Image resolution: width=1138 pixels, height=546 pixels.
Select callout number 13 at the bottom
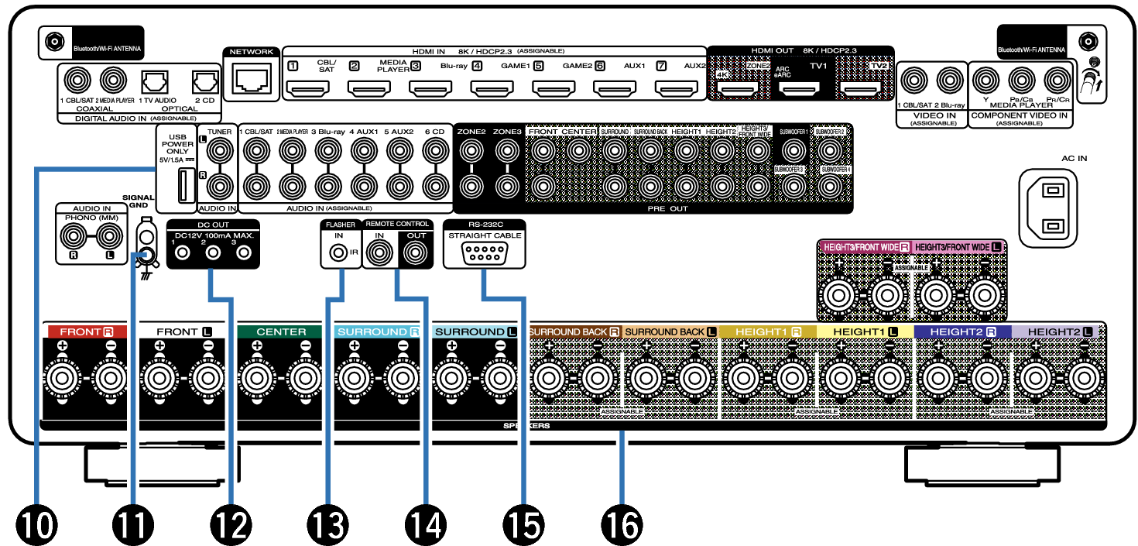(328, 526)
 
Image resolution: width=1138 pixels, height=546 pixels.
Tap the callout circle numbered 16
(621, 526)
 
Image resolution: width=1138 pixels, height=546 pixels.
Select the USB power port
(183, 186)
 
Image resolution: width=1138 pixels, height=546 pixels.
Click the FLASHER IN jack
(338, 252)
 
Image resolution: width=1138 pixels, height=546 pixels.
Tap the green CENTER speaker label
(282, 331)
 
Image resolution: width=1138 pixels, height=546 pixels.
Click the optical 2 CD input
(204, 81)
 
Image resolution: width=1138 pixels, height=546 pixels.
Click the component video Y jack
(985, 79)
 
